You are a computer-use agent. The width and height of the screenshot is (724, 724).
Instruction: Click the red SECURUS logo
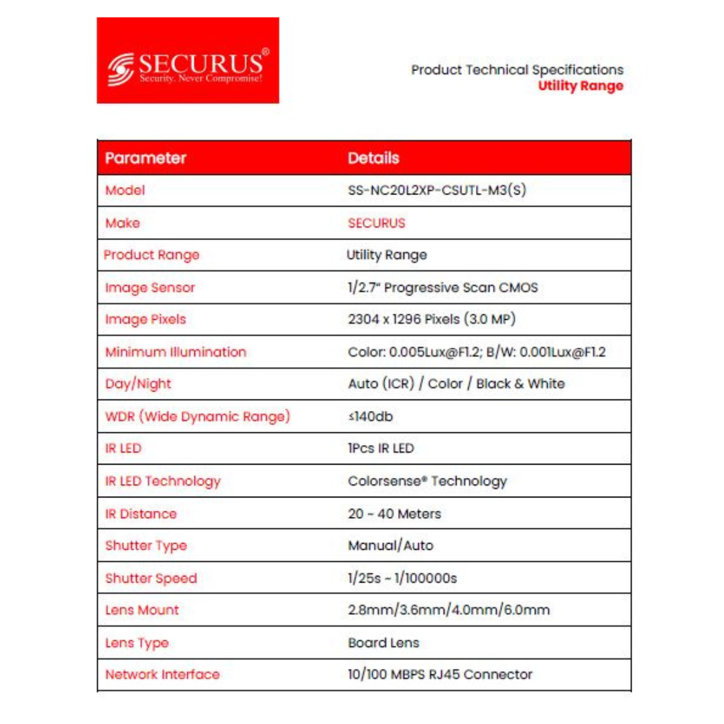tap(188, 60)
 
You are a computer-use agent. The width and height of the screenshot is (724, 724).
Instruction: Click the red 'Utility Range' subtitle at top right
tap(581, 86)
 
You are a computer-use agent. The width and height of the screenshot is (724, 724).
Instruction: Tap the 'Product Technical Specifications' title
tap(517, 70)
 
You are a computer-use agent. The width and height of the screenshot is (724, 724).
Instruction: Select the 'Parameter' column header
tap(145, 159)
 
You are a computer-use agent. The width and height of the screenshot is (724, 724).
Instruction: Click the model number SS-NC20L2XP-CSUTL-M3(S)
tap(436, 190)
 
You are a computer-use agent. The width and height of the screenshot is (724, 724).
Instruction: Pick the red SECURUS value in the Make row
tap(377, 223)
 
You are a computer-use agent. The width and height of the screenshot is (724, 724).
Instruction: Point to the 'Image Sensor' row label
tap(150, 288)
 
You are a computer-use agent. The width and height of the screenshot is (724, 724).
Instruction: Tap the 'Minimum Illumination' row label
tap(176, 352)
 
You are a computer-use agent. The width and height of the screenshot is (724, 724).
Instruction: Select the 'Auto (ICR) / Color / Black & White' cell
tap(456, 384)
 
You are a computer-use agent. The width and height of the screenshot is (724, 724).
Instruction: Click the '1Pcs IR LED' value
tap(381, 448)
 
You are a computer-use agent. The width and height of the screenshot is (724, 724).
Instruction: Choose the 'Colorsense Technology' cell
tap(427, 481)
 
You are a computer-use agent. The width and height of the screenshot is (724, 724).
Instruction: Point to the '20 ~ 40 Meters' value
tap(394, 514)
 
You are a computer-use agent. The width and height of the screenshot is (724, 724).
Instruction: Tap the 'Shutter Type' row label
tap(146, 546)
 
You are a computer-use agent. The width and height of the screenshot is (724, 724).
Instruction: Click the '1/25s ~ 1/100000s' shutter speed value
tap(403, 578)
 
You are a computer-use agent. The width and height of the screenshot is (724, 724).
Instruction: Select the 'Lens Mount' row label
tap(142, 610)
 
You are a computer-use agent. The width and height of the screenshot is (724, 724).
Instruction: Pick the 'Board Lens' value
tap(383, 642)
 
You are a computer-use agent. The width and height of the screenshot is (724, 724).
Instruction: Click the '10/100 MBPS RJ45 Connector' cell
tap(440, 674)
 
